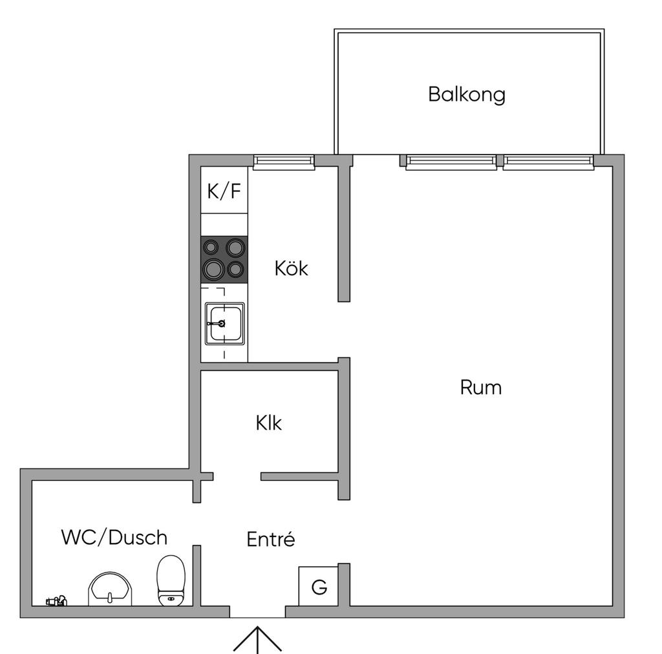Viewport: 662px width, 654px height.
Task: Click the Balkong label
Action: (467, 94)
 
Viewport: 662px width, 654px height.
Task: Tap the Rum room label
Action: (481, 388)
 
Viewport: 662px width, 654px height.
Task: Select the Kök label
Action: (292, 268)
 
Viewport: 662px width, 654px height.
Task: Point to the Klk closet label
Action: (268, 423)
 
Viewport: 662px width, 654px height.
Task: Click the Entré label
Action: (271, 539)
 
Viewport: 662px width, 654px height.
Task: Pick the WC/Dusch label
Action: (114, 538)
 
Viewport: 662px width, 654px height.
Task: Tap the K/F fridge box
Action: (224, 190)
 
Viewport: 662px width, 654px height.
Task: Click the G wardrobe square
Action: (318, 586)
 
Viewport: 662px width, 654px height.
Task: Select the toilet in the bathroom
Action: (171, 580)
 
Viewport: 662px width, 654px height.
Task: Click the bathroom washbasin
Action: (110, 589)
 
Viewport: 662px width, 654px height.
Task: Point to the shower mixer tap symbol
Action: (57, 600)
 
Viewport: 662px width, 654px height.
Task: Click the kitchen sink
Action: (224, 324)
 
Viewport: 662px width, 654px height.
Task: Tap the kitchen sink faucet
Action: (217, 324)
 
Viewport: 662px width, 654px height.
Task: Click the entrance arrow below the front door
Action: (257, 640)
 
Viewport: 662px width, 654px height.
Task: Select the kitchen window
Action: (284, 162)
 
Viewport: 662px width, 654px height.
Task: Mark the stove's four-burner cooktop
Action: (224, 259)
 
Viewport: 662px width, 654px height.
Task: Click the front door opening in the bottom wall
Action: (257, 612)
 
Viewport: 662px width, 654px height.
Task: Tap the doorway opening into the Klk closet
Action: (237, 476)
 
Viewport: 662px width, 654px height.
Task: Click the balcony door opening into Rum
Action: (376, 161)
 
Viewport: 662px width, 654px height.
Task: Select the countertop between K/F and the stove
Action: (224, 224)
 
